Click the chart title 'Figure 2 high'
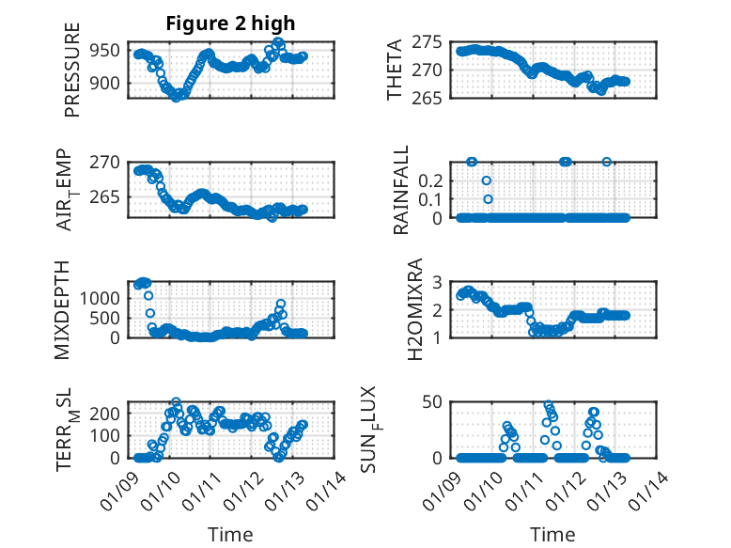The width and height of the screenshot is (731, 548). click(230, 23)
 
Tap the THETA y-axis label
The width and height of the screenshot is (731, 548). click(395, 70)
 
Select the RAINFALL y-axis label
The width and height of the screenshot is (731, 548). click(399, 190)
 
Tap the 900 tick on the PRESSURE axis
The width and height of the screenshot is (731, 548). click(105, 83)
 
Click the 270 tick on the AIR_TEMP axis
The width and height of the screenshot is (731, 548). click(105, 162)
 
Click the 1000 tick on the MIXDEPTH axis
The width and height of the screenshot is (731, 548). click(101, 297)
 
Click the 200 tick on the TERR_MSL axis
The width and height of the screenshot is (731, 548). click(105, 413)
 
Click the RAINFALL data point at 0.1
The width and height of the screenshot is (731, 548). click(488, 199)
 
